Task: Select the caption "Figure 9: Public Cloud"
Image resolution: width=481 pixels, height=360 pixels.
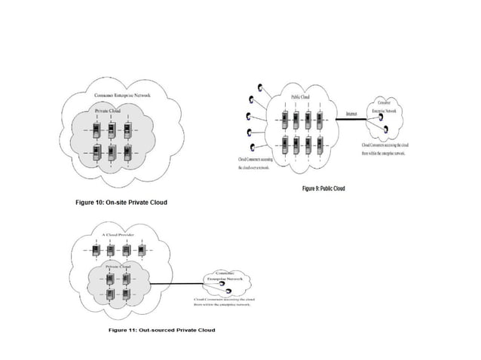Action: [323, 188]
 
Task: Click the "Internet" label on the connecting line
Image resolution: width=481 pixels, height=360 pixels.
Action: [351, 113]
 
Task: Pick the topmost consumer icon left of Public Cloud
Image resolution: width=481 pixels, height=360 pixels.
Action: [259, 86]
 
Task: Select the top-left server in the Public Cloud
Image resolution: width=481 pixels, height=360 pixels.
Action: [284, 119]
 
